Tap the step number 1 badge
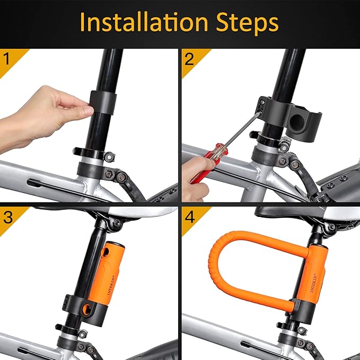click(7, 59)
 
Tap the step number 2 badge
click(189, 59)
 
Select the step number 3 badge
click(7, 217)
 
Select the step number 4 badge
click(189, 217)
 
